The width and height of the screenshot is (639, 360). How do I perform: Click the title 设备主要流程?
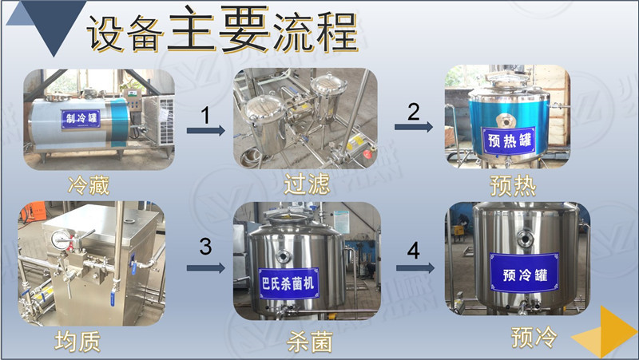point(222,30)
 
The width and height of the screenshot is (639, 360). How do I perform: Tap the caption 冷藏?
point(89,186)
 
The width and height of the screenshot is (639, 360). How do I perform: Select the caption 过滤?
point(307,184)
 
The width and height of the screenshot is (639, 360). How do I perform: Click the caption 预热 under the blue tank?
point(513,186)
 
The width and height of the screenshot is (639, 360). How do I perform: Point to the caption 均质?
point(77,342)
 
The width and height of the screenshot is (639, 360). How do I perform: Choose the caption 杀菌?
point(310,342)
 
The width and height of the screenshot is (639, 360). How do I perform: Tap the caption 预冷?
point(534,337)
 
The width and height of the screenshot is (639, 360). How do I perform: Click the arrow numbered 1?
point(206,130)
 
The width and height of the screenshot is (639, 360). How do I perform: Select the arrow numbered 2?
point(414,127)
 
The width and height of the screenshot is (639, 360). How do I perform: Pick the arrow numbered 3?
point(206,267)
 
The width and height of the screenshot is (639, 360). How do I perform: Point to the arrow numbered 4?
point(415,267)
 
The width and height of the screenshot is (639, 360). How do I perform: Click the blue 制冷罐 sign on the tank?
point(81,118)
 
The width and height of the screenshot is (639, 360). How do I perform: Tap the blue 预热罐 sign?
point(509,140)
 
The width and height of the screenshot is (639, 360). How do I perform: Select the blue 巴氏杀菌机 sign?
point(288,283)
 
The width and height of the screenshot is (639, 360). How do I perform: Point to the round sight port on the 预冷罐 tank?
point(525,238)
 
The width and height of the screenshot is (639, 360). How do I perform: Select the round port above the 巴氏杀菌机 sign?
point(283,256)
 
